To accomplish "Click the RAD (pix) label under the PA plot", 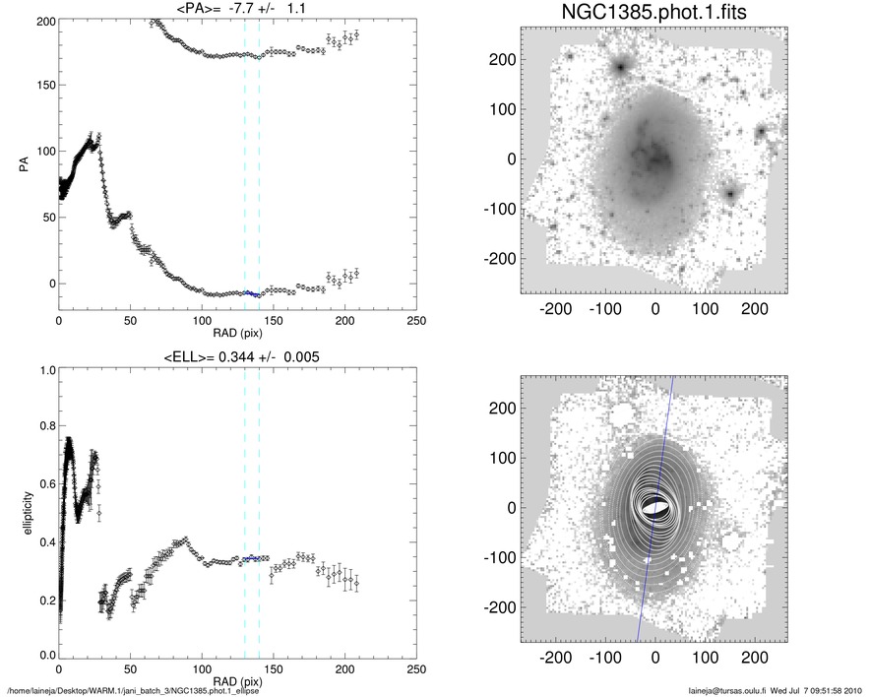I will (x=237, y=334).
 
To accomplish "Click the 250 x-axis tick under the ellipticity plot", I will (x=415, y=669).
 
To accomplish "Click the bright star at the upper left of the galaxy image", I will (x=621, y=67).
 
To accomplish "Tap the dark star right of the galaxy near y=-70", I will (x=730, y=193).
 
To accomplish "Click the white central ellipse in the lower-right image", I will (x=653, y=507).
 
